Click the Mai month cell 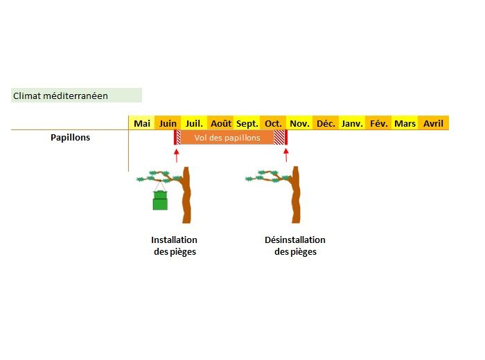pos(142,123)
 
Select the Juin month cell pos(168,123)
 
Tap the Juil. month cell pos(194,123)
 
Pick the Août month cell pos(221,123)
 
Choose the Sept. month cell pos(247,123)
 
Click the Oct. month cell pos(273,123)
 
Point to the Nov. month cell pos(299,123)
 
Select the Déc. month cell pos(326,123)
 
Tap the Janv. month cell pos(352,123)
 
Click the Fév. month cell pos(379,123)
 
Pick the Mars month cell pos(405,123)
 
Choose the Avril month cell pos(433,123)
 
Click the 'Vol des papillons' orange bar pos(227,138)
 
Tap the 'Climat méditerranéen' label pos(61,96)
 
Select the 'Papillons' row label pos(70,137)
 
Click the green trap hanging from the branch pos(160,200)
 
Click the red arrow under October pos(285,154)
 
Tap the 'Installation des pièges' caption pos(175,246)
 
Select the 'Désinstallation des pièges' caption pos(295,246)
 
